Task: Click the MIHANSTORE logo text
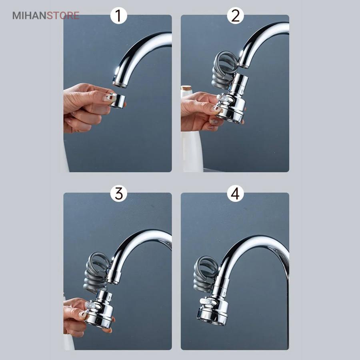[x=46, y=16]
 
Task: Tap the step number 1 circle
[x=118, y=16]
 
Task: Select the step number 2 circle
[x=235, y=16]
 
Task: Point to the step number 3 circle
[x=118, y=194]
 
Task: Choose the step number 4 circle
[x=235, y=194]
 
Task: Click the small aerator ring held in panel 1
[x=118, y=100]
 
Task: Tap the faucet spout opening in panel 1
[x=119, y=84]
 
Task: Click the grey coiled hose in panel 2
[x=224, y=70]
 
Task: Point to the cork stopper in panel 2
[x=186, y=88]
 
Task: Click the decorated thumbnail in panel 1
[x=110, y=98]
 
